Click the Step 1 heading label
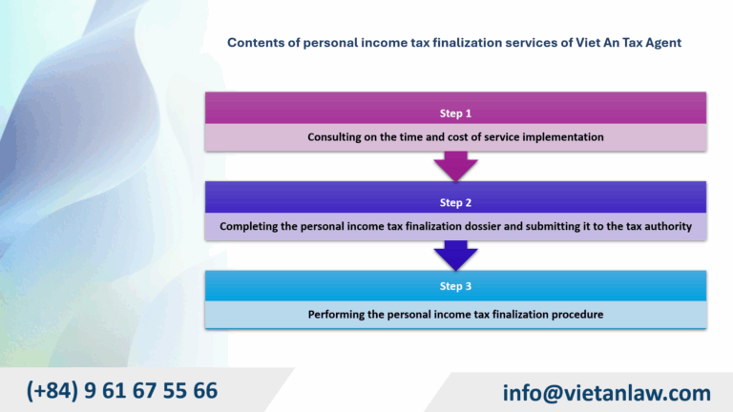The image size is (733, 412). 455,113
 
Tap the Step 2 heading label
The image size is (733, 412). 455,203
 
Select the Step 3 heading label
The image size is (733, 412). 455,286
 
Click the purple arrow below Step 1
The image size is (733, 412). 456,166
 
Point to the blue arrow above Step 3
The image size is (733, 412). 456,256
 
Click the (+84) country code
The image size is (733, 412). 52,390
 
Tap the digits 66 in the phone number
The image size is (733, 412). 205,390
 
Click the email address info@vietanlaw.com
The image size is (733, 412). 607,393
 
